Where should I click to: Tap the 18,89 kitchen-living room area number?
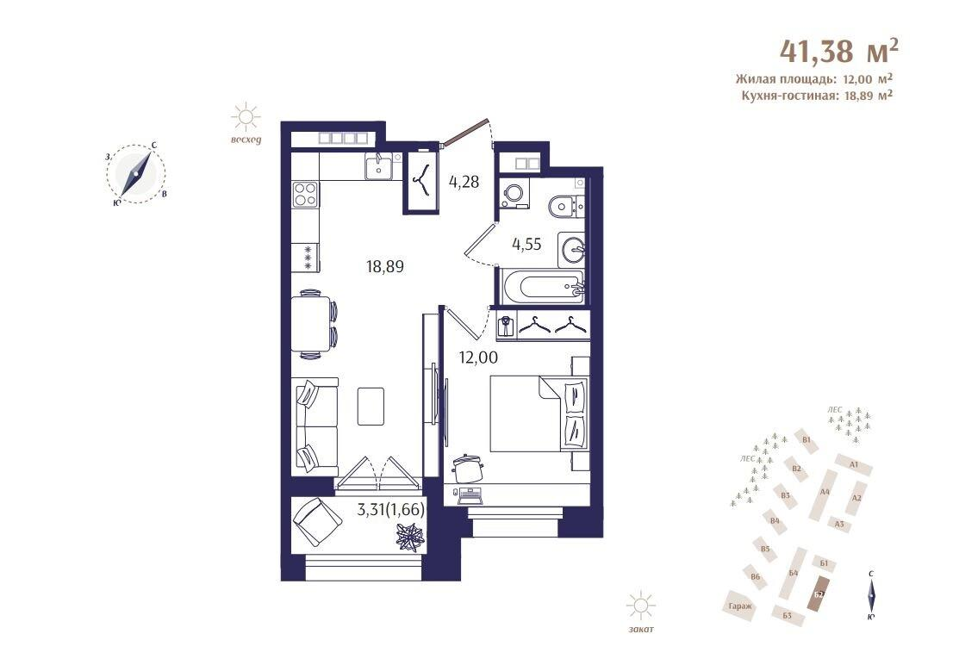[384, 266]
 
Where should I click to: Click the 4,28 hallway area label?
[464, 182]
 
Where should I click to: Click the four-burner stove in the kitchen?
[304, 194]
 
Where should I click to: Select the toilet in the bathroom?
[564, 206]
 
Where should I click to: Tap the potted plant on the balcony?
[409, 537]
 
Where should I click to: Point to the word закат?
[641, 630]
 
